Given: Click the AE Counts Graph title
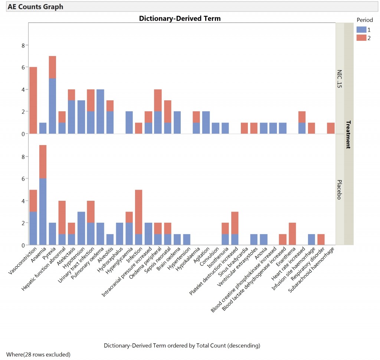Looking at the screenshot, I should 36,7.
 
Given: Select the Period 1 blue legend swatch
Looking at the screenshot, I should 361,29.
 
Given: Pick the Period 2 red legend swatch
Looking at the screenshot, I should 361,38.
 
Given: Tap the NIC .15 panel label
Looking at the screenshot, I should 340,78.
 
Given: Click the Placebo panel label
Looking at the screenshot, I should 340,190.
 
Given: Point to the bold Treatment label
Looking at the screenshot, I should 348,134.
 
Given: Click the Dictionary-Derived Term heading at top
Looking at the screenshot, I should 180,18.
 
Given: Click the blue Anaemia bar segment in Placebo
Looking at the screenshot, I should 43,212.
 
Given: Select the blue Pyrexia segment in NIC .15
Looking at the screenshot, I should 53,106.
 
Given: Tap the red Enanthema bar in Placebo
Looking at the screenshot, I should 292,234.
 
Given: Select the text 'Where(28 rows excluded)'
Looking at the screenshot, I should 38,354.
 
